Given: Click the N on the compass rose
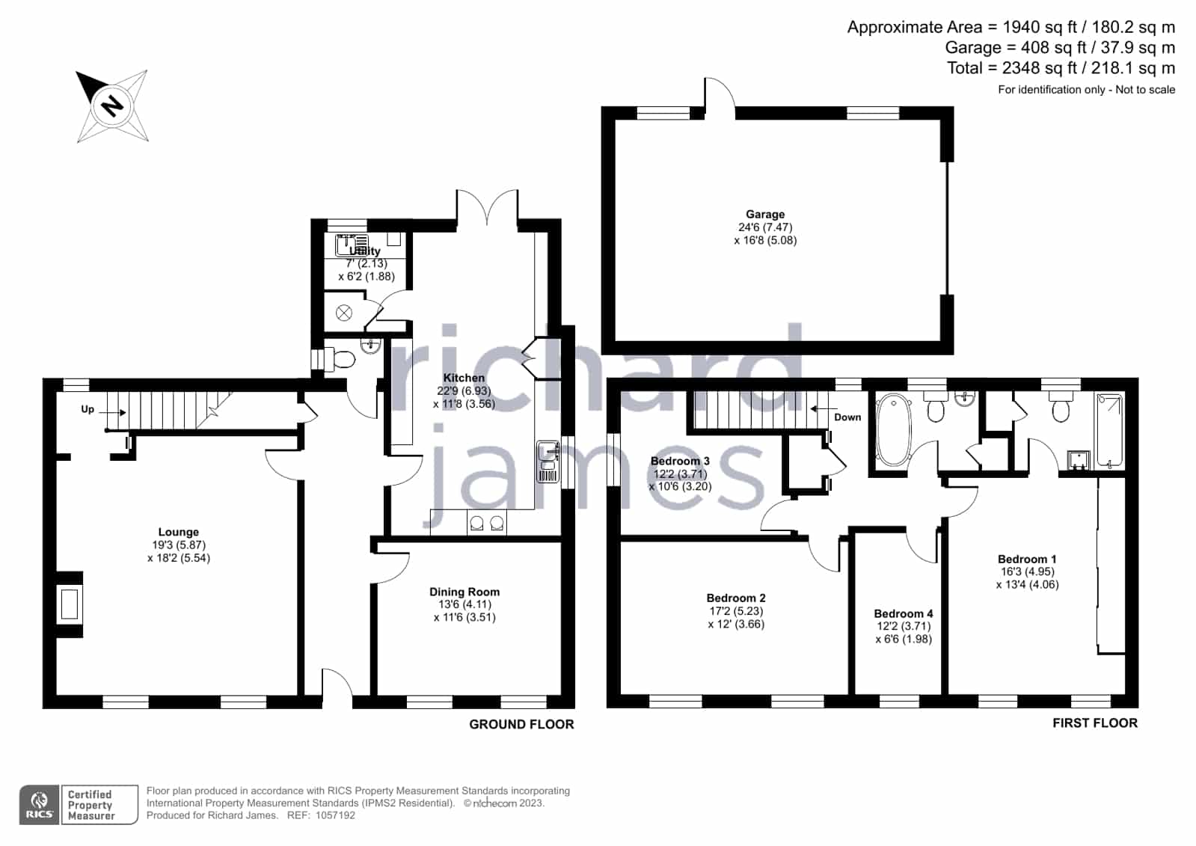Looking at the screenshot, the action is [x=112, y=105].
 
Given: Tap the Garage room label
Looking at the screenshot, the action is [x=765, y=214].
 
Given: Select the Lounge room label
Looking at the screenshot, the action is [x=178, y=532].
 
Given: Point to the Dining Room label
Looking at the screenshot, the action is [x=464, y=592].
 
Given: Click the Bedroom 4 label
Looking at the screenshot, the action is [x=904, y=613].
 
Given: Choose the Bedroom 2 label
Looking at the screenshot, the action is [x=736, y=598].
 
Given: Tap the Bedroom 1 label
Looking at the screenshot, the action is [x=1027, y=560].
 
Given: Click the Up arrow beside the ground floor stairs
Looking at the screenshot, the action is [x=113, y=412].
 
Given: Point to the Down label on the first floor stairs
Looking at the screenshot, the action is [x=847, y=417].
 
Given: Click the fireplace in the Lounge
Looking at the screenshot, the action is [x=70, y=604].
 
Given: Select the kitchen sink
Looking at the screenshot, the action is [x=548, y=462].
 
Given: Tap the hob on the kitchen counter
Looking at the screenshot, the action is [x=486, y=522].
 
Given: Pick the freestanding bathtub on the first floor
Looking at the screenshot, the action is [x=893, y=430].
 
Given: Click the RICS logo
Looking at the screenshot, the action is [x=40, y=805].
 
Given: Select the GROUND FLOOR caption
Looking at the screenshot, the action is [x=521, y=724].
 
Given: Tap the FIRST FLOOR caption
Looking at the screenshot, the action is [x=1095, y=723].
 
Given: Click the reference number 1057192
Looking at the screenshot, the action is [x=335, y=815].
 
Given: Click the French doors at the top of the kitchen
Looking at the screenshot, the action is [x=487, y=208].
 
